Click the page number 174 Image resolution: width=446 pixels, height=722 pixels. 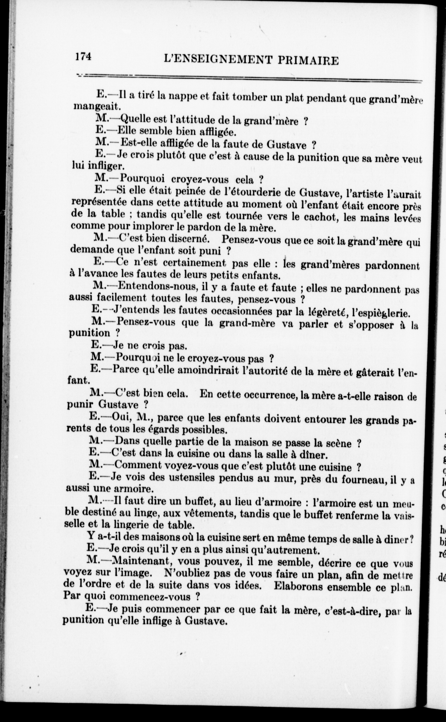[83, 56]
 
